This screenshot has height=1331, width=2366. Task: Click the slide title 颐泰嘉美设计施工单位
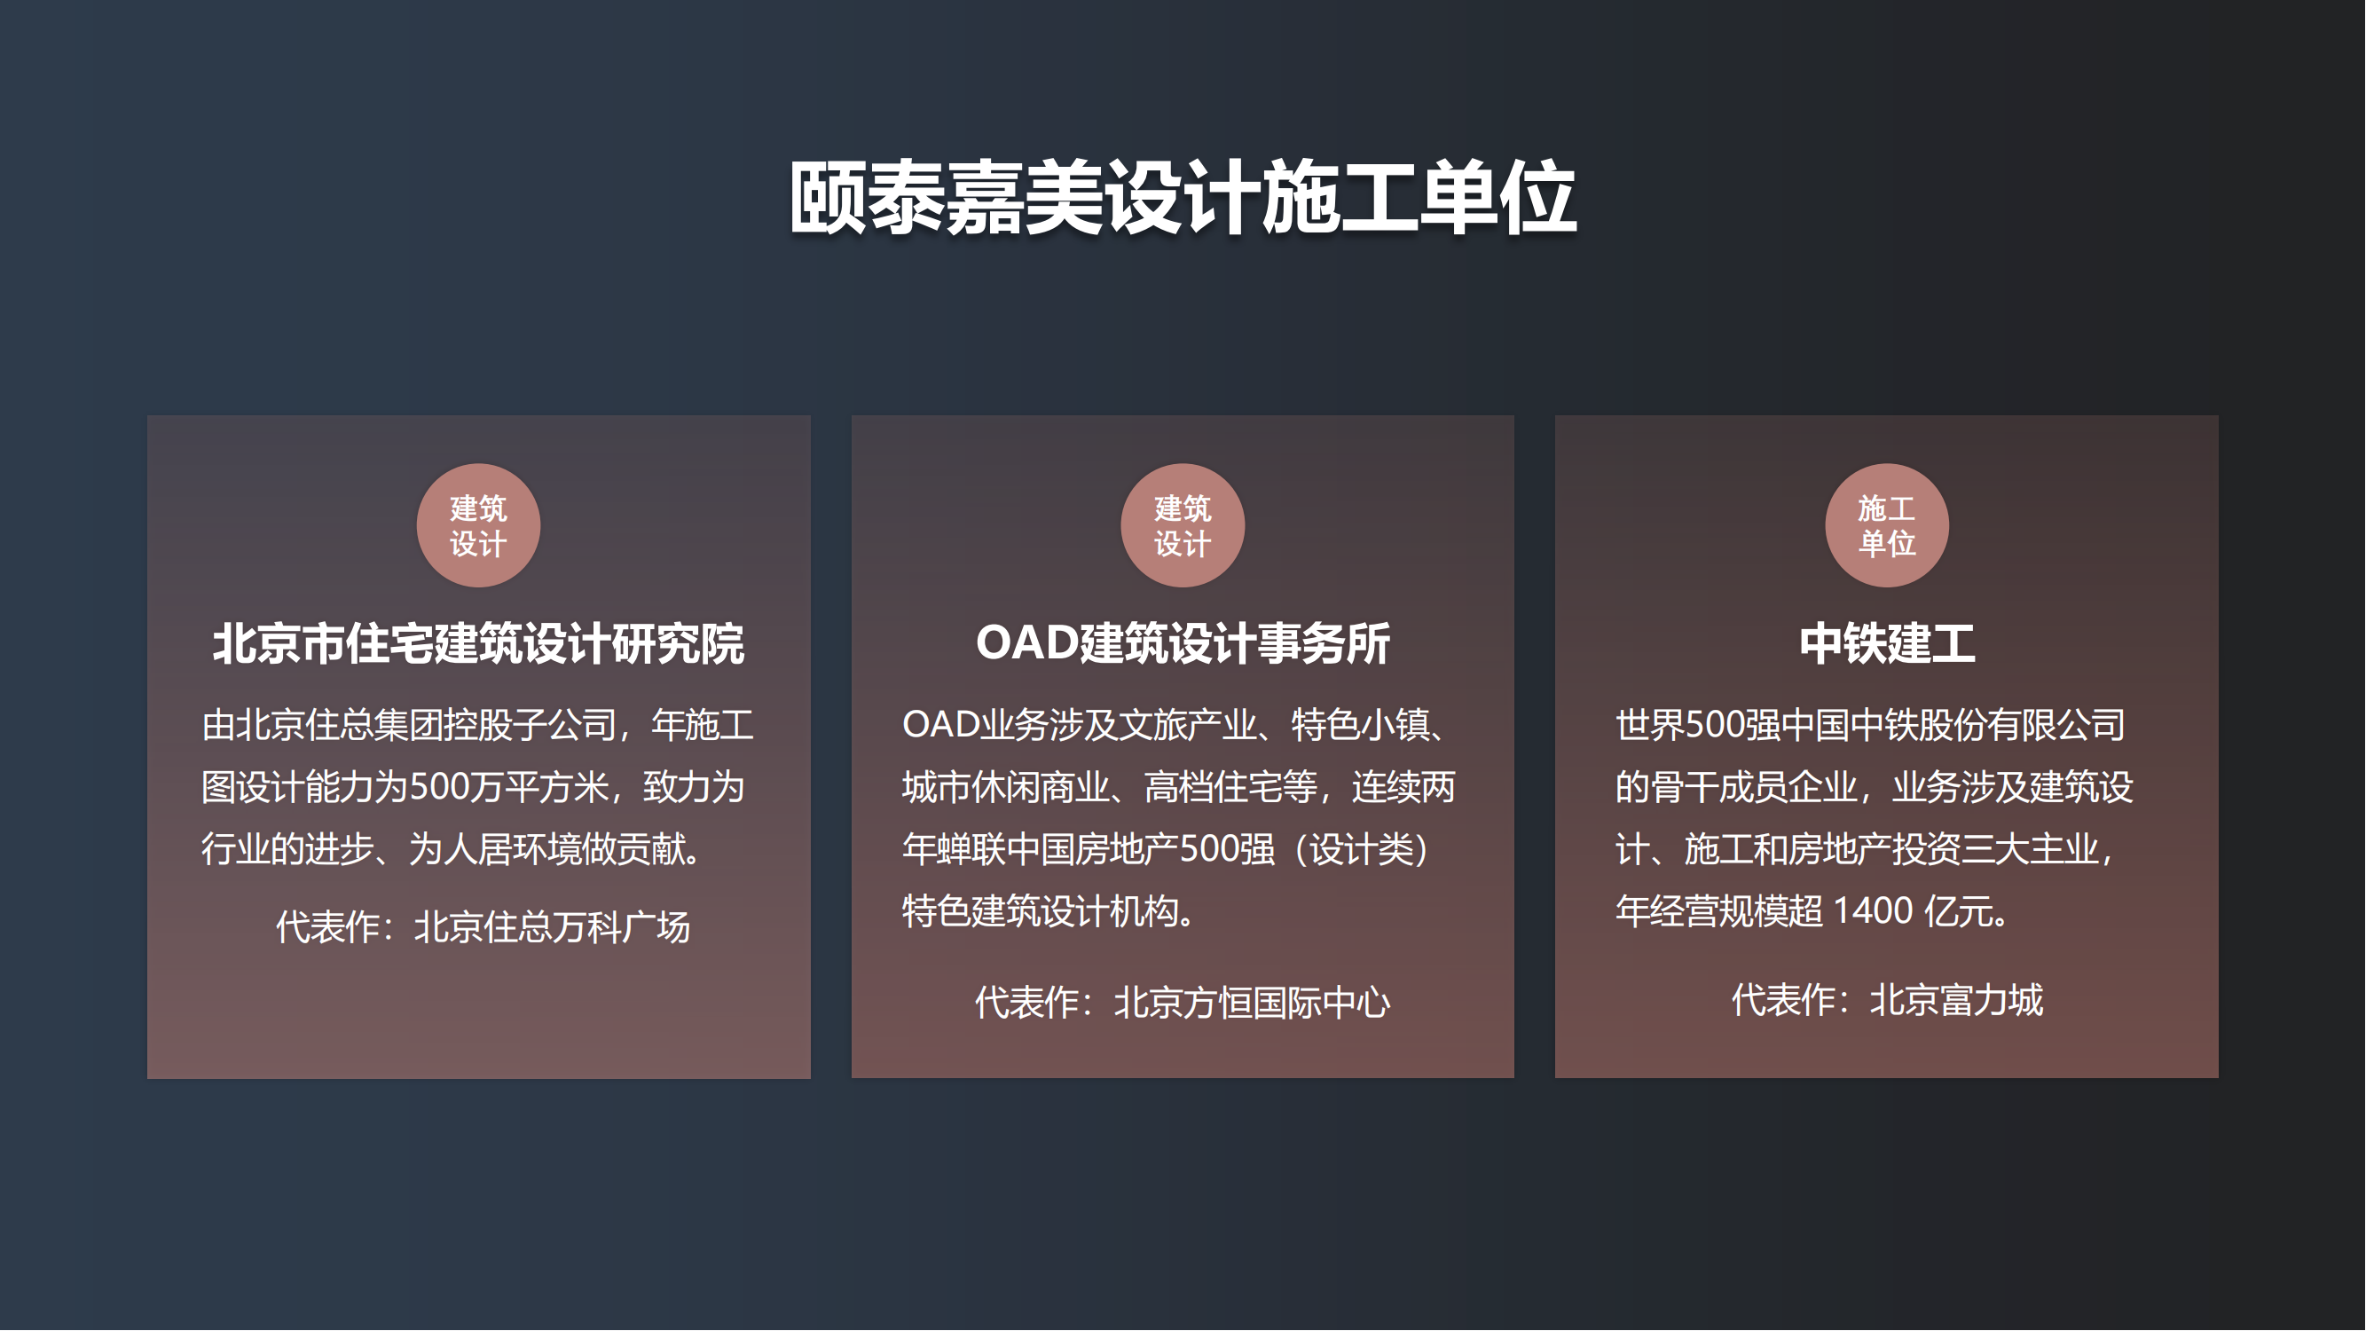1183,198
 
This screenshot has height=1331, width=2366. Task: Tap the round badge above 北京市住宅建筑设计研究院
478,525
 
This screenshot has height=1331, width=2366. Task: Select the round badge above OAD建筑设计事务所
1183,525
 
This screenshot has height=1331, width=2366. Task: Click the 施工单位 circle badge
1887,525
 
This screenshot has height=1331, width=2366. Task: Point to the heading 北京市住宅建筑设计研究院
478,643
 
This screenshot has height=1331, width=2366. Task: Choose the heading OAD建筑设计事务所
1183,643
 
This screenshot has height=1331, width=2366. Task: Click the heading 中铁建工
1887,643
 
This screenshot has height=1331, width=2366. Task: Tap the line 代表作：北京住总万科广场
483,927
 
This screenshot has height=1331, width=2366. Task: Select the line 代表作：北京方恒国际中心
1183,1002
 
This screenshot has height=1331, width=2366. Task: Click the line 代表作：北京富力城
1888,999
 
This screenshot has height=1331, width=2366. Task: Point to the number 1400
1873,911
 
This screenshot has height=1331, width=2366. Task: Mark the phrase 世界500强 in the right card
1697,725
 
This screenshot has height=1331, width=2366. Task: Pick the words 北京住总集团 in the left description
322,725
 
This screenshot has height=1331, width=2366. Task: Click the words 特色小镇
1361,725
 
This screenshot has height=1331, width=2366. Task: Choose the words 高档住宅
1214,787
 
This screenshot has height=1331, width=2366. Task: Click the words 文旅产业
1188,725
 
